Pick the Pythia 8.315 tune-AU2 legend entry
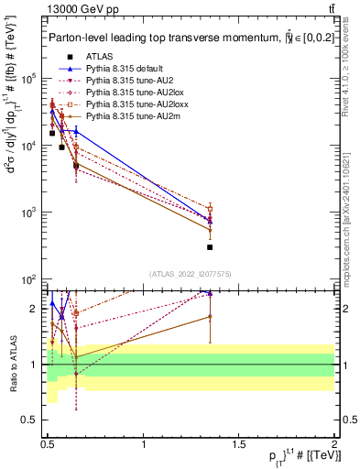pyautogui.click(x=127, y=80)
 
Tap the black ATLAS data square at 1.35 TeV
pyautogui.click(x=210, y=247)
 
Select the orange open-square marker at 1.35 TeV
pyautogui.click(x=210, y=209)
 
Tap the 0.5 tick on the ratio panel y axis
pyautogui.click(x=34, y=420)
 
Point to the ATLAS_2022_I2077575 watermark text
pyautogui.click(x=191, y=274)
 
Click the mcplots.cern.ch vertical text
pyautogui.click(x=353, y=211)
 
